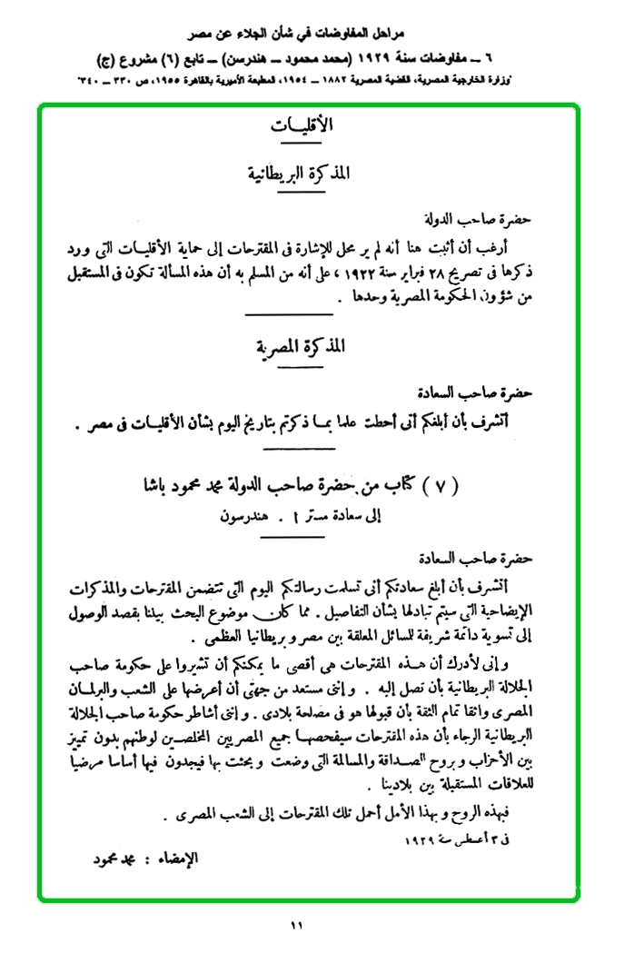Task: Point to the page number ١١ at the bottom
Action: click(x=297, y=926)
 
